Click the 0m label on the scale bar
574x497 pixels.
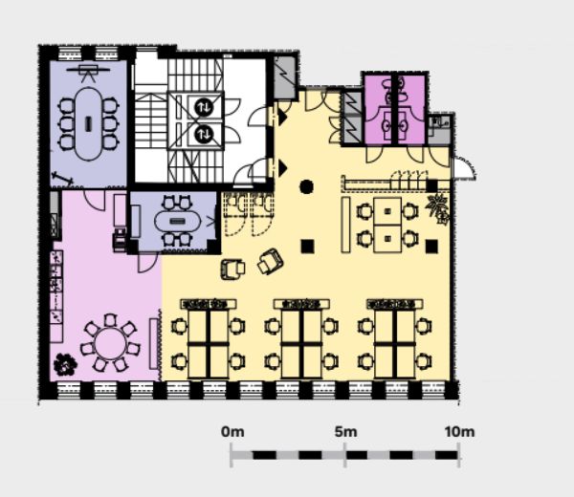232,432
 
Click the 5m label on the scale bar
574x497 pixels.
345,432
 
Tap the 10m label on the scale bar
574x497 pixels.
459,432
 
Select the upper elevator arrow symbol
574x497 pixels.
204,107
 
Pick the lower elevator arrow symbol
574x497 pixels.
204,135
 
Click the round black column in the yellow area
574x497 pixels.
306,187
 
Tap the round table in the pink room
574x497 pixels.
110,343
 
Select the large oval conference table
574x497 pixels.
89,123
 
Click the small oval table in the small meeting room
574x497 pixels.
178,221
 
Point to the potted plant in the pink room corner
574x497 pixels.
65,364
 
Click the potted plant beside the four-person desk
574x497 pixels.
438,207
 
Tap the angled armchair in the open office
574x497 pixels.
270,261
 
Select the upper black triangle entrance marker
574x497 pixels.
282,118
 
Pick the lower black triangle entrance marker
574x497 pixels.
282,167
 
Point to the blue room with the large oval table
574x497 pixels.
89,123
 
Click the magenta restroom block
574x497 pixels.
394,108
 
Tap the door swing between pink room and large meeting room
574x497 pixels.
95,200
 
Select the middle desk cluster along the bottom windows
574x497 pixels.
301,339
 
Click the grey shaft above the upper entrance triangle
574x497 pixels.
285,76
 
